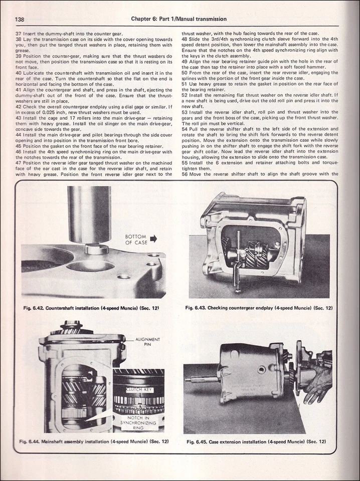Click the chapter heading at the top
click(x=178, y=19)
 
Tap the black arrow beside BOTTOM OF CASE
click(x=153, y=238)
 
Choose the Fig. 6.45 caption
click(x=256, y=441)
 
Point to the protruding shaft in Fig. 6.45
click(x=201, y=380)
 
